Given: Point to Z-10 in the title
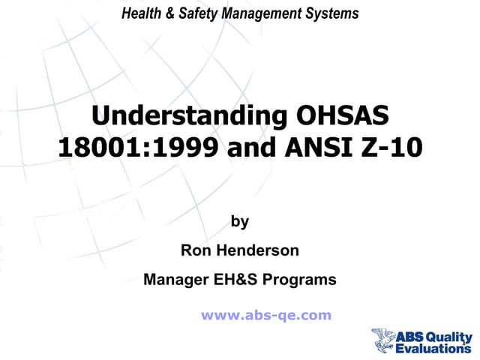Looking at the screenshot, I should tap(393, 145).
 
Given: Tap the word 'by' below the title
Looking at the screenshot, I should tap(240, 222).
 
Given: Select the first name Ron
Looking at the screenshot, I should tap(196, 251).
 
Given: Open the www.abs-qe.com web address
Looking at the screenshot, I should tap(265, 316).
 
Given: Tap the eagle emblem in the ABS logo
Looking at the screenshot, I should tap(384, 338).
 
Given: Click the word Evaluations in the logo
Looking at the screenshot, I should tap(435, 349).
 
